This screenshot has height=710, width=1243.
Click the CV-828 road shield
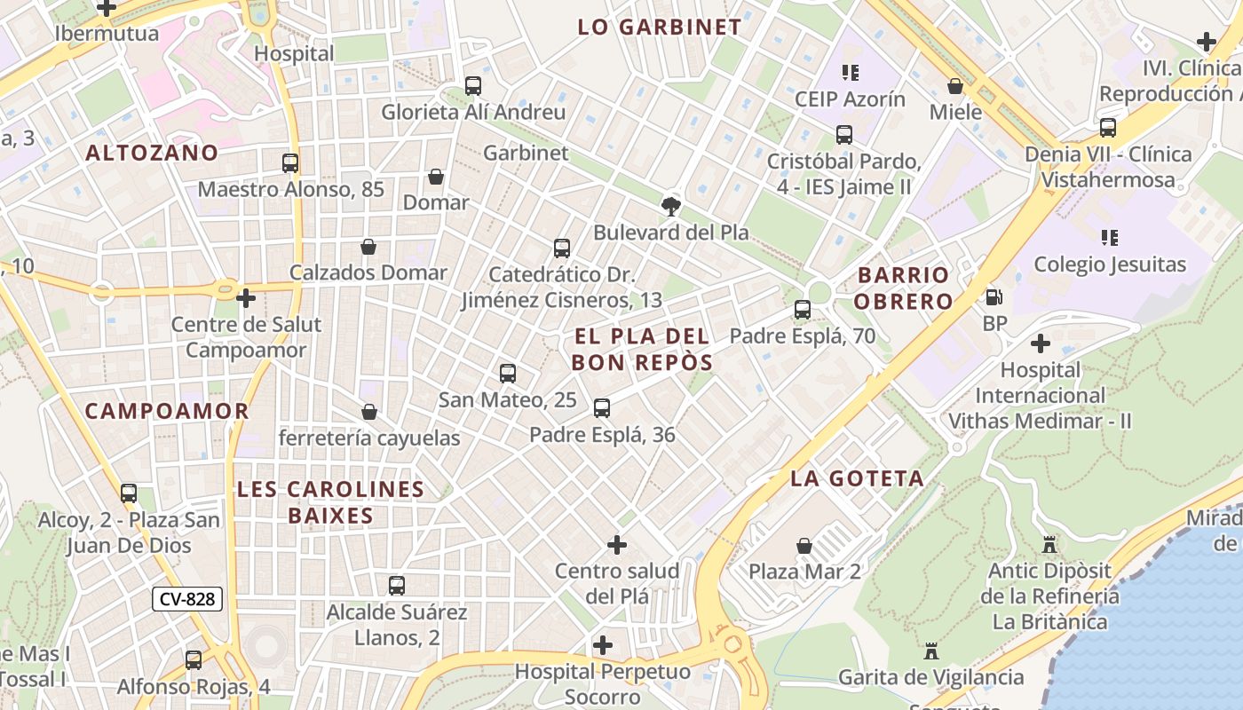(186, 599)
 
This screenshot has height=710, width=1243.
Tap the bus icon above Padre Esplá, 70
(803, 310)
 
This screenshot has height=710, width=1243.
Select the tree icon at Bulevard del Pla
(671, 207)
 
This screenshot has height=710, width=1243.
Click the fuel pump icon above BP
(994, 297)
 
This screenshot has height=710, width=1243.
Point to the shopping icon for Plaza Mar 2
(804, 545)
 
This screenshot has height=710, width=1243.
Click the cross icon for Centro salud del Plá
(617, 544)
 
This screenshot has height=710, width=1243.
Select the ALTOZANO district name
(152, 153)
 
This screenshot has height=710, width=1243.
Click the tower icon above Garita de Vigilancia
(930, 651)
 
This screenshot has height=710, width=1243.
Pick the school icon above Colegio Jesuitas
(1110, 238)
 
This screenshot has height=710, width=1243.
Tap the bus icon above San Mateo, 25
(508, 374)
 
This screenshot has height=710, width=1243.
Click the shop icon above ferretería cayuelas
(369, 412)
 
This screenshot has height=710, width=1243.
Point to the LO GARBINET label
(659, 27)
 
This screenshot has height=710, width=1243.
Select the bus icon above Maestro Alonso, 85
(290, 163)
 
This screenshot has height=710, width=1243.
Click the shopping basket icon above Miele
(955, 86)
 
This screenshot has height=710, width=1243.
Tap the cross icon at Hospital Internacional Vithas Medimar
(1041, 343)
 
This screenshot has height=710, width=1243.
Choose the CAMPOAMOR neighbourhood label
(167, 411)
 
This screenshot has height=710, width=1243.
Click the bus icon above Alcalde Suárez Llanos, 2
(397, 586)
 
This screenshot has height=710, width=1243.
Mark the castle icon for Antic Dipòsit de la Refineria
(1049, 544)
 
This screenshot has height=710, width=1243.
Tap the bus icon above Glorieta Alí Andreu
(473, 86)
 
